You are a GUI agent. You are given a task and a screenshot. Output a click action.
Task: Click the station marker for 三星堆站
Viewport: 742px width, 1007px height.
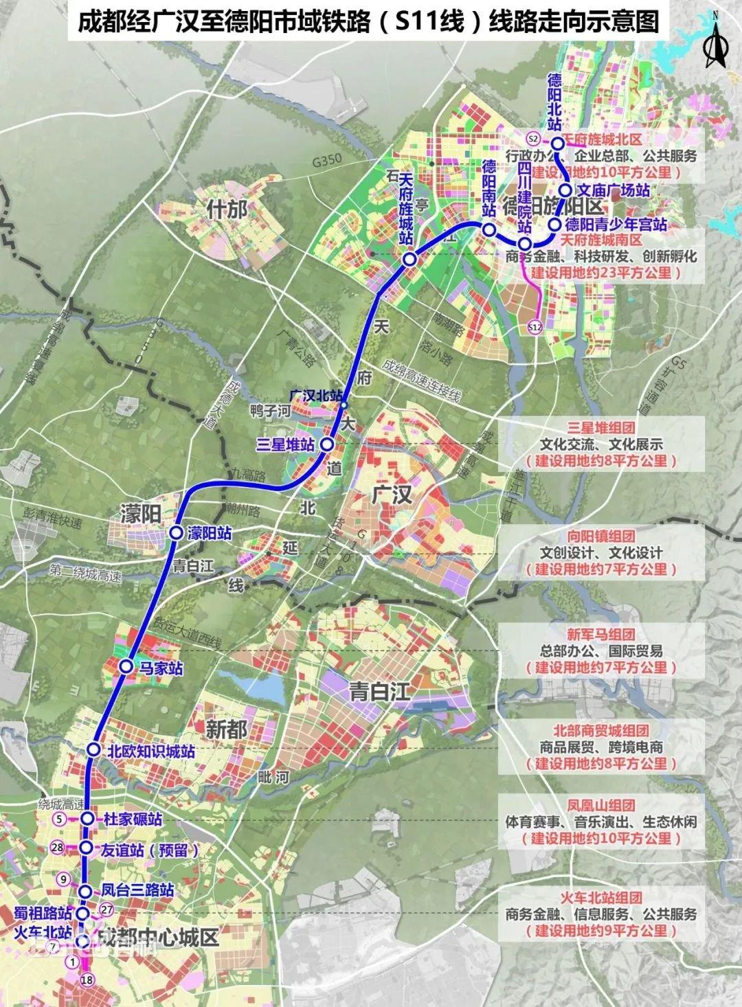(327, 445)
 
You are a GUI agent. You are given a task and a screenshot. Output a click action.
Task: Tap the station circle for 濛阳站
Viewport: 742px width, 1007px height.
(176, 532)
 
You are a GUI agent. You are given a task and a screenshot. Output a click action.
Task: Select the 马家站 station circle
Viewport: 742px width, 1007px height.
(126, 666)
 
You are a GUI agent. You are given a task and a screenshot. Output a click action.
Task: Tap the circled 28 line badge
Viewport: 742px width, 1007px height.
(58, 848)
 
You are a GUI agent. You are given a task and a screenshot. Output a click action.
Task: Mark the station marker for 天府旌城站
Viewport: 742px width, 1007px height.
(409, 260)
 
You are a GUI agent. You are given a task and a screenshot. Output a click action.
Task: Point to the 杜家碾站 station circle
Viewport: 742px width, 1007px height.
(87, 819)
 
